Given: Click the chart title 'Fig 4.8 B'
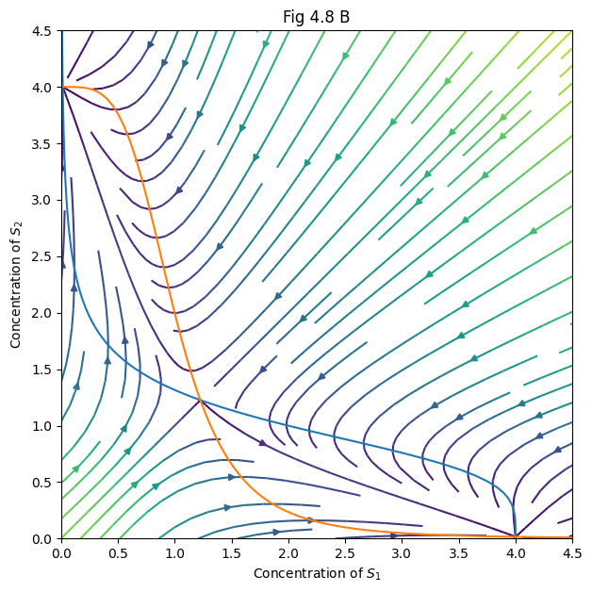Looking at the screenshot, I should [317, 17].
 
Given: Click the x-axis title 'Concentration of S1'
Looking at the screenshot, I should [317, 573].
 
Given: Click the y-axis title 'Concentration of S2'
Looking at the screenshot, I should [16, 285].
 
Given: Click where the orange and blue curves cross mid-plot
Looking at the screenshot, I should [201, 401].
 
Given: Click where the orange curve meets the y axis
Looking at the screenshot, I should [62, 87].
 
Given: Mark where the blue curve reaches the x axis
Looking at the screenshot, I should [516, 537].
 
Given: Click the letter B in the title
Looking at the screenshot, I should [345, 17].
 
